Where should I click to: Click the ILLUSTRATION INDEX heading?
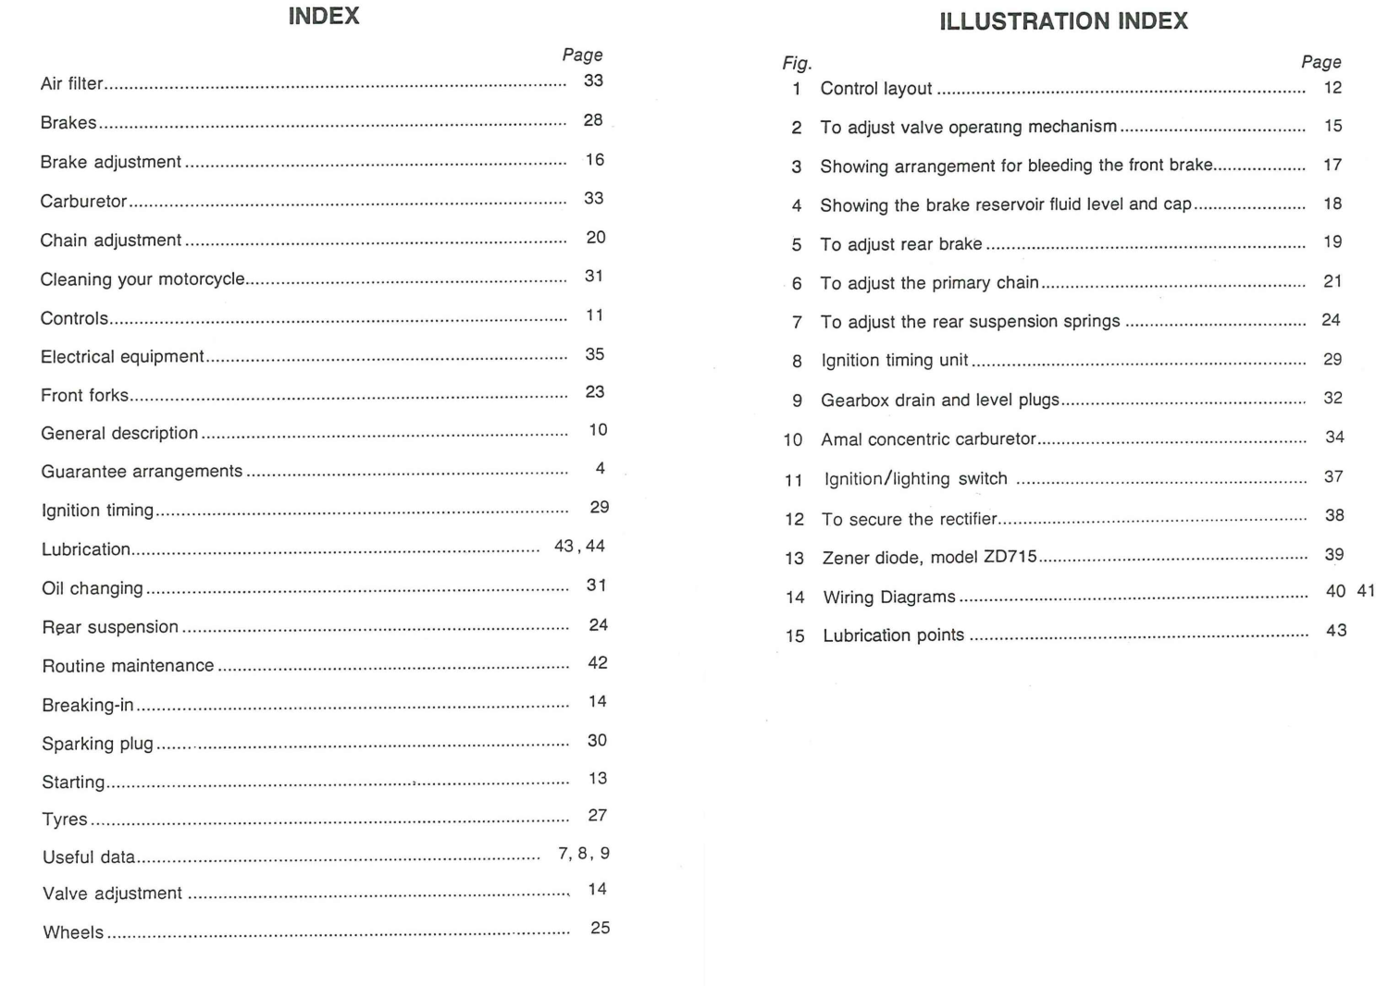(1063, 21)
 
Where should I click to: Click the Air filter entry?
(72, 84)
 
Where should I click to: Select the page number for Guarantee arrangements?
(601, 469)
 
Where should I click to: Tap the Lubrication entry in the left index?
(86, 549)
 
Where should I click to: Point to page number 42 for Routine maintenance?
(598, 663)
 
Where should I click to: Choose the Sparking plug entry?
(97, 744)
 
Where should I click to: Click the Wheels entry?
(73, 932)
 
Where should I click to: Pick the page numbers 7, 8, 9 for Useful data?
(584, 854)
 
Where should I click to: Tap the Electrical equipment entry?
(122, 357)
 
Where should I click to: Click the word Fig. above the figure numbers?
(797, 64)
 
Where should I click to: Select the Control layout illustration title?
(876, 89)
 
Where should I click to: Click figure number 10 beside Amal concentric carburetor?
(793, 440)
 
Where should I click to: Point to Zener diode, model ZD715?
(929, 558)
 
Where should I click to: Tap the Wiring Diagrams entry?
(889, 598)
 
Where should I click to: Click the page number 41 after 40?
(1366, 591)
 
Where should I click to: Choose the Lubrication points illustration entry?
(893, 635)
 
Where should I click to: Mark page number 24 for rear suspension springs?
(1331, 320)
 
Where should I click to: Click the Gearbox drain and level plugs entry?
(939, 401)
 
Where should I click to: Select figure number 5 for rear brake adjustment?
(797, 245)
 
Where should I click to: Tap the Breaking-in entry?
(88, 706)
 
